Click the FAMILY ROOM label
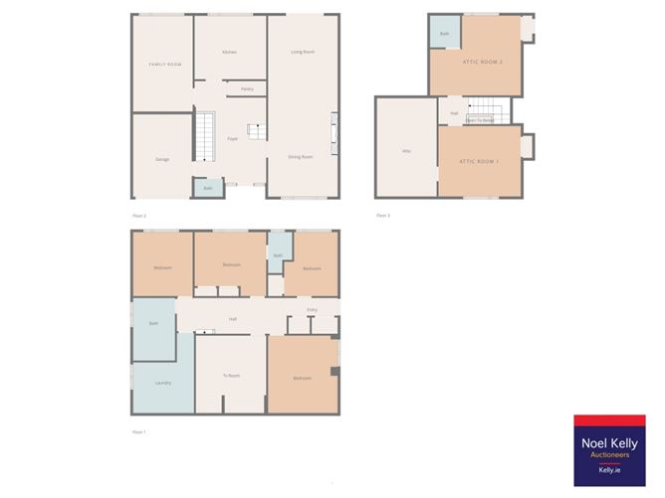click(x=165, y=65)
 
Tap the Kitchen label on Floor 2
click(x=229, y=52)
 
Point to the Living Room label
click(x=296, y=52)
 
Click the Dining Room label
click(x=301, y=157)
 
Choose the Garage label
click(x=161, y=159)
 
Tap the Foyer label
click(x=232, y=138)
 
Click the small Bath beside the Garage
click(x=208, y=188)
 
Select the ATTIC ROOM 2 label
click(x=482, y=63)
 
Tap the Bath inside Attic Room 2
click(x=444, y=33)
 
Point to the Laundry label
click(x=162, y=383)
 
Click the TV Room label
click(x=232, y=375)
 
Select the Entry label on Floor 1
click(x=312, y=311)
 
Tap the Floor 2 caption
click(x=139, y=216)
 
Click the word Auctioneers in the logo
click(x=610, y=455)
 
